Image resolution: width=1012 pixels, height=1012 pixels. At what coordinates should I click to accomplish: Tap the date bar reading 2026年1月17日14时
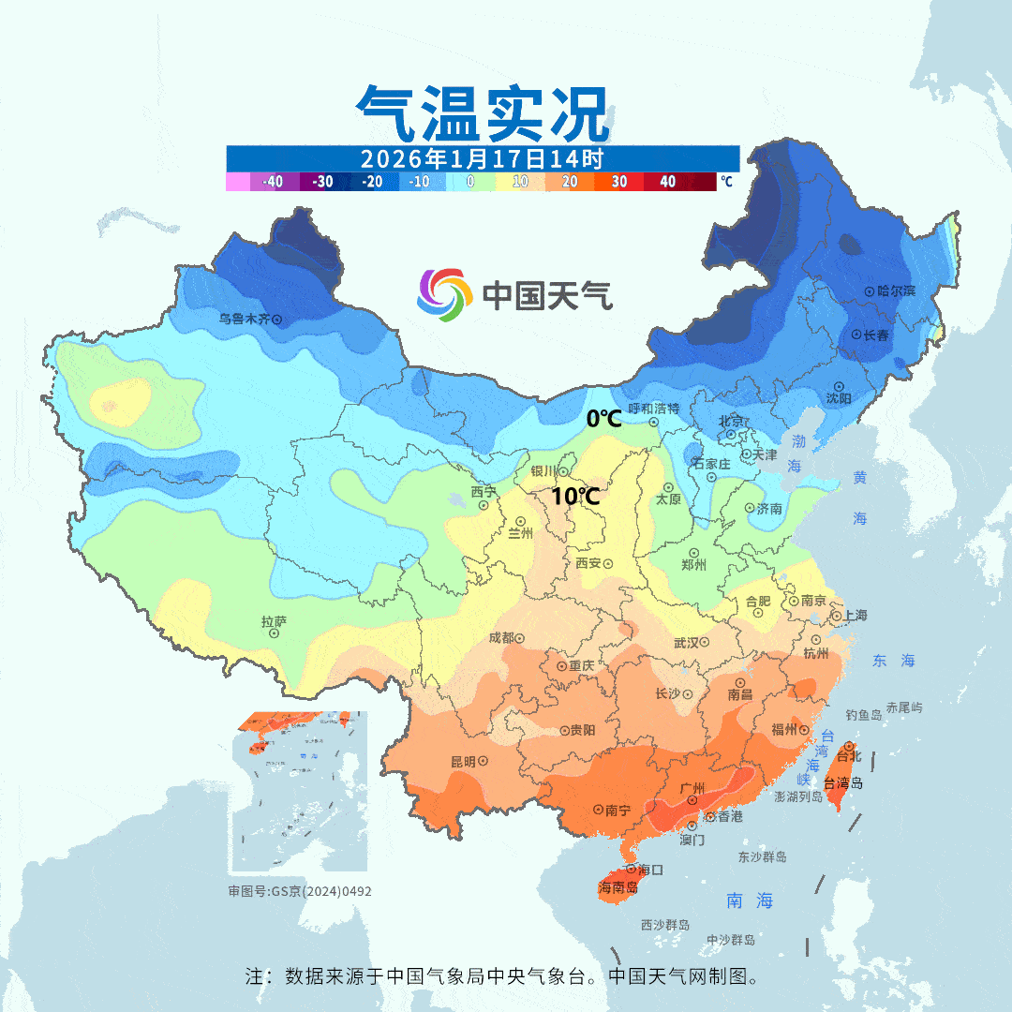point(483,157)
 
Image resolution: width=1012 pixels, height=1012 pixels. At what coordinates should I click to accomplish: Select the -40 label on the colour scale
point(274,182)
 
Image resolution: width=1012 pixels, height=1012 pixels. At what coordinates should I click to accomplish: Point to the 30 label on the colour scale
point(619,182)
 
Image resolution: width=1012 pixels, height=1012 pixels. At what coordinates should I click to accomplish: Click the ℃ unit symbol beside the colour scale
point(726,182)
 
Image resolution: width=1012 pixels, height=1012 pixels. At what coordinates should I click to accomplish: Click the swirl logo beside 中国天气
point(443,294)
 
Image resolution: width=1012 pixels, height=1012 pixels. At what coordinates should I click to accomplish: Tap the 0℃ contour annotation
point(603,419)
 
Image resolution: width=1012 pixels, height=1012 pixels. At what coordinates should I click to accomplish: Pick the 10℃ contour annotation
point(574,497)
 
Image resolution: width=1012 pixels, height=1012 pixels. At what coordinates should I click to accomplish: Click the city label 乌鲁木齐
point(244,319)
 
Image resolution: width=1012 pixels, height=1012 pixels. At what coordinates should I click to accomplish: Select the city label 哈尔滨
point(896,290)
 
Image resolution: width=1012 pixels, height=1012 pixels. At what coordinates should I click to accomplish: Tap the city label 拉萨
point(274,621)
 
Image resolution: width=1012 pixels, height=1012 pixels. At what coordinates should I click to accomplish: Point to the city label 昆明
point(463,761)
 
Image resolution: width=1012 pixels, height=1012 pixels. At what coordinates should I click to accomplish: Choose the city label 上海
point(855,616)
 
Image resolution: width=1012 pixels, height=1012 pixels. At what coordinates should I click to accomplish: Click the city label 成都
point(501,638)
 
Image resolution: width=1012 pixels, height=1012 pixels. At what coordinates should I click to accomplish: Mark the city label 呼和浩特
point(653,409)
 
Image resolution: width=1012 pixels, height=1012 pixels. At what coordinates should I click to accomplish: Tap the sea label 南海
point(750,900)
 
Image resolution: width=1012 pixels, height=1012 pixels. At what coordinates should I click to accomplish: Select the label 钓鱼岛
point(863,715)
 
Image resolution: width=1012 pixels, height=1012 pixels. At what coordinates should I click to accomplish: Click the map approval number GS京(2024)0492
point(300,891)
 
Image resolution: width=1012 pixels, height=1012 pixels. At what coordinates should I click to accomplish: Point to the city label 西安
point(588,563)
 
